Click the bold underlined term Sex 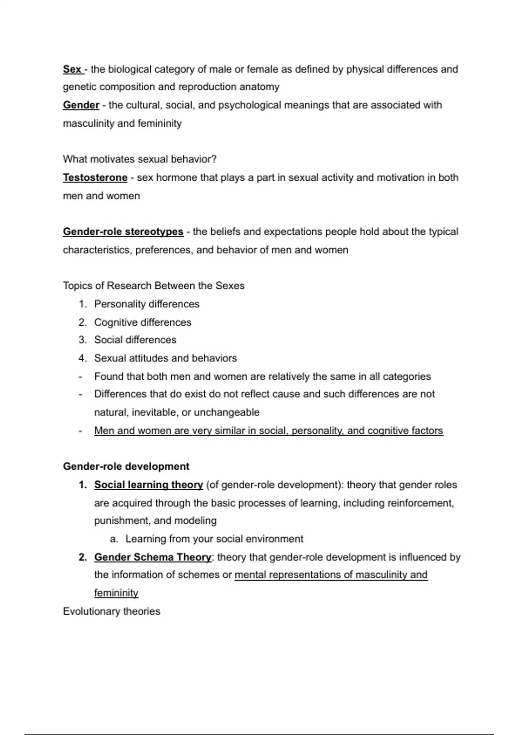[72, 69]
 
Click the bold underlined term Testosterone [95, 177]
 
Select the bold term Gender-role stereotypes [123, 232]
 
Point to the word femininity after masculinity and [160, 124]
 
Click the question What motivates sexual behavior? [140, 159]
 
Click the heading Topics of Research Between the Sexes [154, 286]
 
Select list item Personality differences [147, 304]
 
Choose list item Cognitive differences [143, 323]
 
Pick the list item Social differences [135, 340]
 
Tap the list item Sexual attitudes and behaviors [166, 358]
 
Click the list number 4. [82, 358]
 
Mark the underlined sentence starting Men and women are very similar [269, 431]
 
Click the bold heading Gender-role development [126, 467]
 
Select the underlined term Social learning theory [148, 485]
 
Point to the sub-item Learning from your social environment [215, 539]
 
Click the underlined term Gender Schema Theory [153, 557]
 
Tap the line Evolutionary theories [112, 611]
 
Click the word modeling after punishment [197, 521]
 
